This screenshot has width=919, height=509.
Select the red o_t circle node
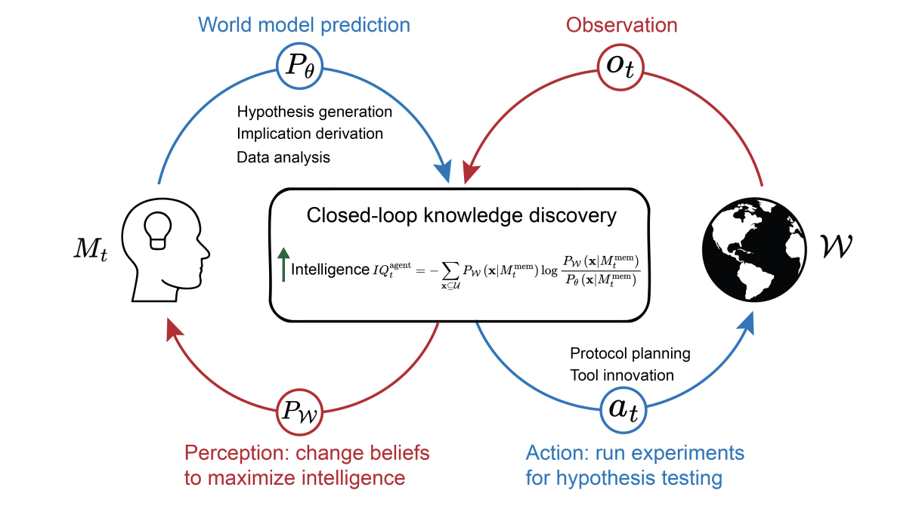[x=620, y=66]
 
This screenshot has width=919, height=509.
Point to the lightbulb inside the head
[x=158, y=227]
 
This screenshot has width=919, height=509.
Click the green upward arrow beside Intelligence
[x=283, y=265]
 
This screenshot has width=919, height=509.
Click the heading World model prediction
[x=304, y=24]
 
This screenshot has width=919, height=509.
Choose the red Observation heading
[x=621, y=24]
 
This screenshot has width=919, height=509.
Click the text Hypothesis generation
[x=314, y=112]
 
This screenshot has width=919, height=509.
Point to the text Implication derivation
[x=310, y=134]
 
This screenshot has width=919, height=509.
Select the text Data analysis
[x=283, y=157]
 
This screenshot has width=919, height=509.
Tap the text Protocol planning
[x=630, y=353]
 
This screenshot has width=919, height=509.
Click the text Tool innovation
[x=622, y=375]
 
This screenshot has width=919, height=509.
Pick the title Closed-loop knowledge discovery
[x=461, y=215]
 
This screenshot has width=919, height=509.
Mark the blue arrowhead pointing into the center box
[x=443, y=171]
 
